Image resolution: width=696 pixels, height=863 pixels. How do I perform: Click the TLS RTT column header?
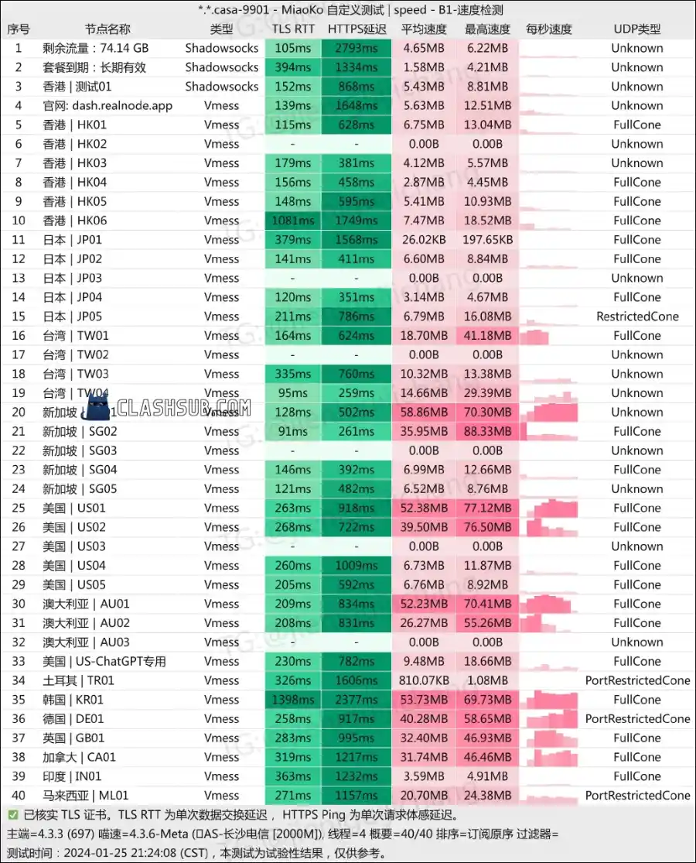click(x=293, y=29)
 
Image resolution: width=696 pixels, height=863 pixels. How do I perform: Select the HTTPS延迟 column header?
click(x=357, y=29)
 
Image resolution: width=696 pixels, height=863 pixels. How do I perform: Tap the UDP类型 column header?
click(x=636, y=29)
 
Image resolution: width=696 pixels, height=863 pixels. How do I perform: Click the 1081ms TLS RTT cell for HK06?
click(x=293, y=221)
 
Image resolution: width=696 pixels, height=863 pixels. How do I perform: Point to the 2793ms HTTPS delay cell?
click(x=357, y=48)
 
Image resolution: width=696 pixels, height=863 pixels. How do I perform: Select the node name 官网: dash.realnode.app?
click(x=107, y=106)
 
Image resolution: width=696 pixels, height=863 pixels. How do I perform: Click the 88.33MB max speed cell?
click(x=487, y=431)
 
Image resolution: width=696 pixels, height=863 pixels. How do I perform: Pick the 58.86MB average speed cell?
click(x=424, y=413)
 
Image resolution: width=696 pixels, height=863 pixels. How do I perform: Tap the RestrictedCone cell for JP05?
click(x=636, y=317)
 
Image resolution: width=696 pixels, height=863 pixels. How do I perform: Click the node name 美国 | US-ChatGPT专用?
click(x=104, y=662)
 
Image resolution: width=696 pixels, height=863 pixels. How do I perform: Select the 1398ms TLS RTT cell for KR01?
click(x=293, y=700)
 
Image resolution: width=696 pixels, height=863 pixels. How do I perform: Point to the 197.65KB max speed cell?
click(x=487, y=240)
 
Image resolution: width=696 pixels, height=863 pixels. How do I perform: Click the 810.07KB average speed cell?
click(x=424, y=680)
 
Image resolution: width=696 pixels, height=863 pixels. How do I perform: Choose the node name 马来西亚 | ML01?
click(x=85, y=796)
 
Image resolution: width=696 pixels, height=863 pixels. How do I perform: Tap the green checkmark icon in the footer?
click(x=13, y=815)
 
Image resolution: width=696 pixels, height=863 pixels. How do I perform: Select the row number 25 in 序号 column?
click(x=19, y=509)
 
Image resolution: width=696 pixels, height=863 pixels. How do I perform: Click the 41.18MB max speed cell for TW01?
click(x=487, y=336)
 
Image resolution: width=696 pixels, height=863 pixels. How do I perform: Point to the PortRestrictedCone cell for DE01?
click(x=636, y=719)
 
